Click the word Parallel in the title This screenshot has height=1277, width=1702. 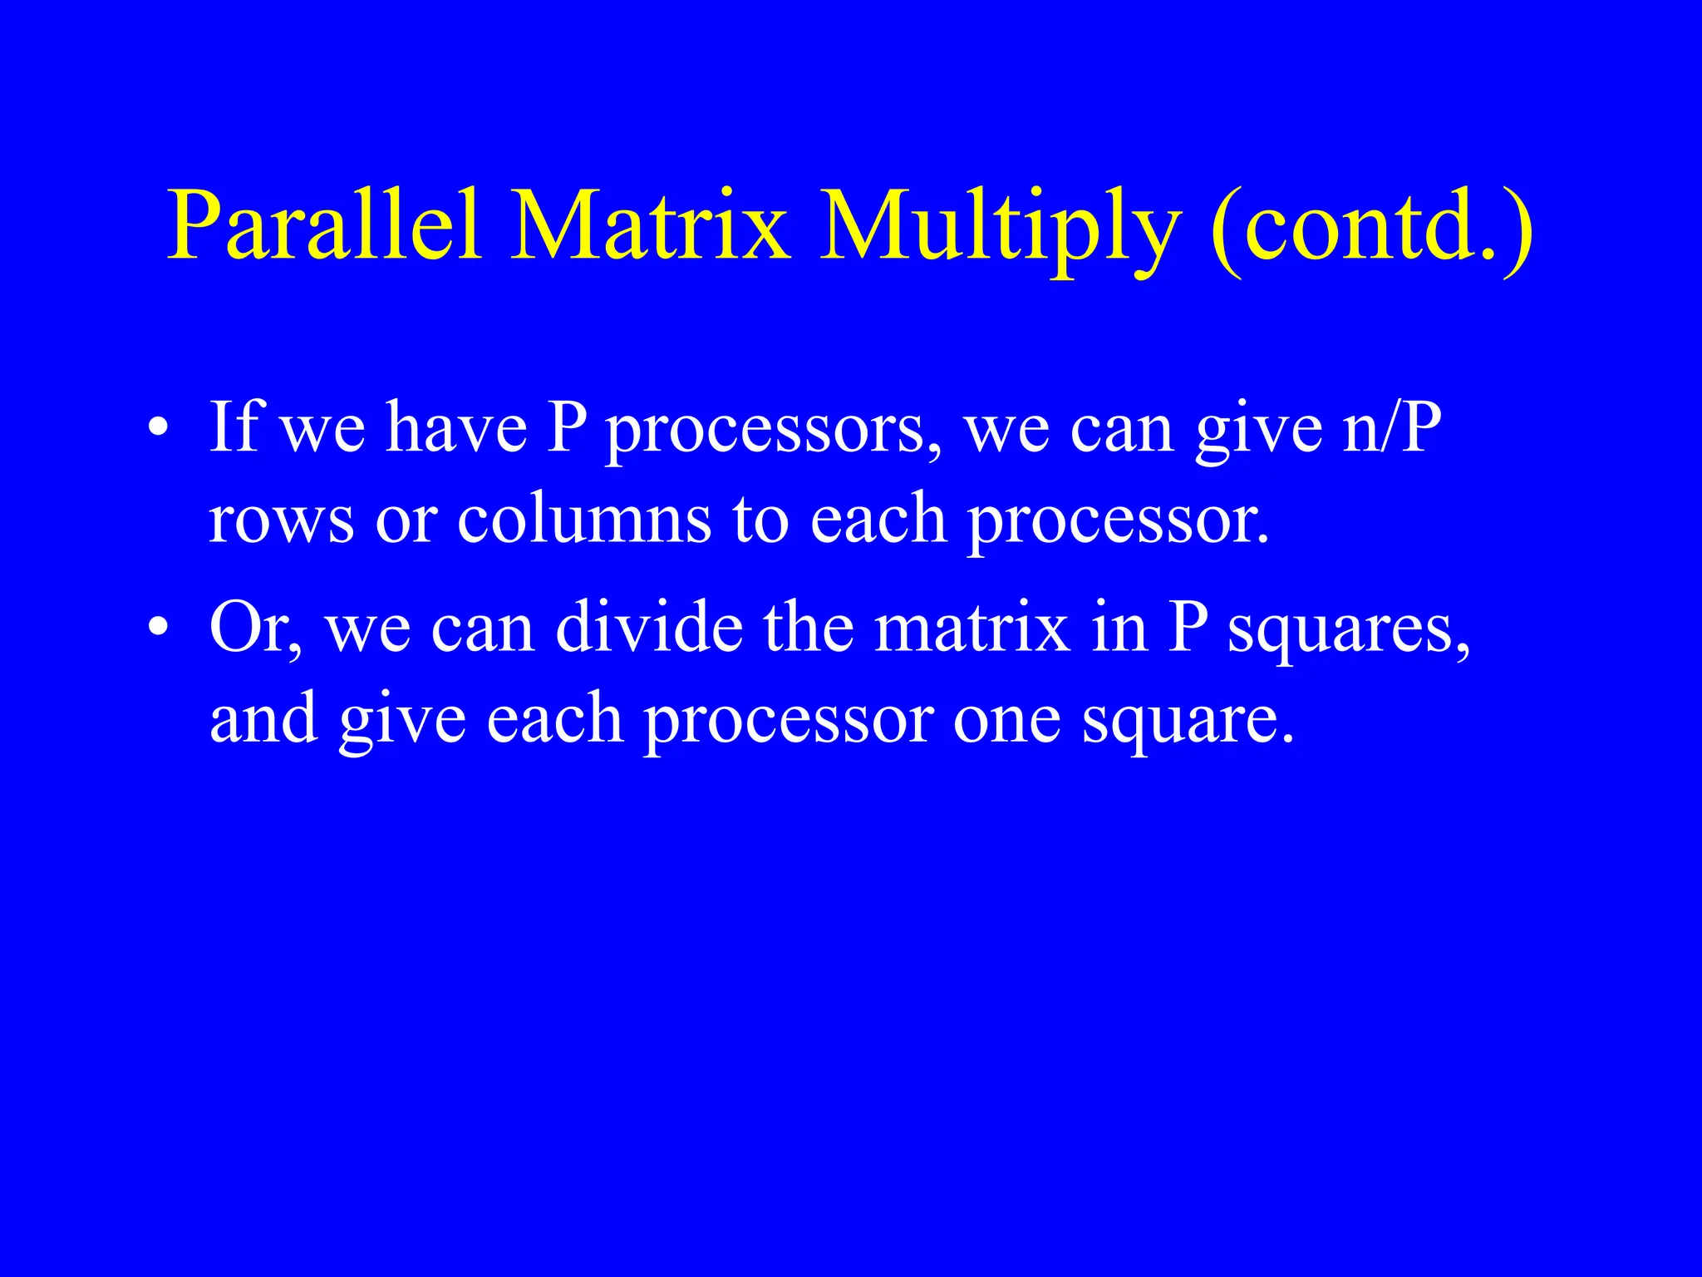(x=324, y=226)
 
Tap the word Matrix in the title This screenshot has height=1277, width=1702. (x=649, y=226)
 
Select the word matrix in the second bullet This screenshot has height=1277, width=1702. (x=972, y=628)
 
